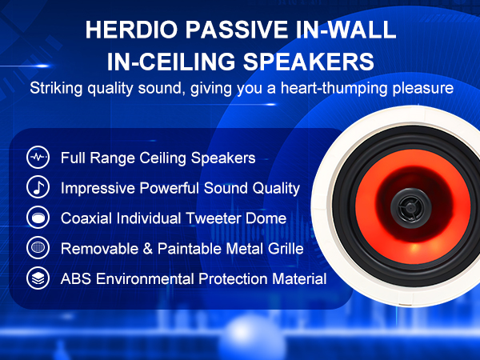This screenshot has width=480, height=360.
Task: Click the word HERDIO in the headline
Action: [x=131, y=30]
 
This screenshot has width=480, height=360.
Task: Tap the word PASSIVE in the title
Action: [x=237, y=30]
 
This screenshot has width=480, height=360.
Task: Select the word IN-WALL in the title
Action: [x=346, y=30]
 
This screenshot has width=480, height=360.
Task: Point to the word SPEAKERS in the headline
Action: [x=308, y=62]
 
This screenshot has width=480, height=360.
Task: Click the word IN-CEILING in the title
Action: [x=171, y=62]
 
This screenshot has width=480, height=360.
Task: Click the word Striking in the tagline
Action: [x=56, y=89]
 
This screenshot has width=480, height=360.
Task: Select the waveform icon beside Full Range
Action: [x=38, y=158]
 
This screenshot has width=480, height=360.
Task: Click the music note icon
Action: [x=38, y=187]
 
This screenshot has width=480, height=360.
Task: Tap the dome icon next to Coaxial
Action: [x=38, y=218]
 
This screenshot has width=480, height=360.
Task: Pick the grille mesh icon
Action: [x=38, y=248]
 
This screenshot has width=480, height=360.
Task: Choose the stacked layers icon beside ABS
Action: [x=38, y=278]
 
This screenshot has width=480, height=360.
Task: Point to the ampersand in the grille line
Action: [x=147, y=249]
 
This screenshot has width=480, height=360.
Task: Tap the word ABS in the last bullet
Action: [x=76, y=279]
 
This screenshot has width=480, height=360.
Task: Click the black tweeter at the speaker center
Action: [x=411, y=208]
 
